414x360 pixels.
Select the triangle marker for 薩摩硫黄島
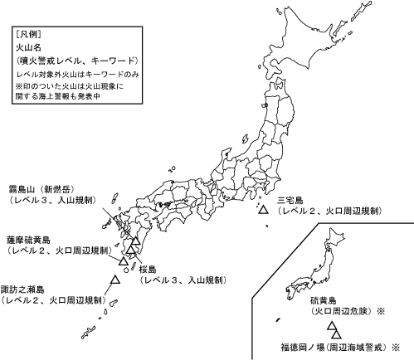[124, 260]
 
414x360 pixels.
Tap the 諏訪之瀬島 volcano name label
[26, 290]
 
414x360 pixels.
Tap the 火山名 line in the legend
[27, 48]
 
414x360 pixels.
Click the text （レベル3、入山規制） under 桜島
[180, 282]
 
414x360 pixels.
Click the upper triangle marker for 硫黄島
[330, 324]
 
